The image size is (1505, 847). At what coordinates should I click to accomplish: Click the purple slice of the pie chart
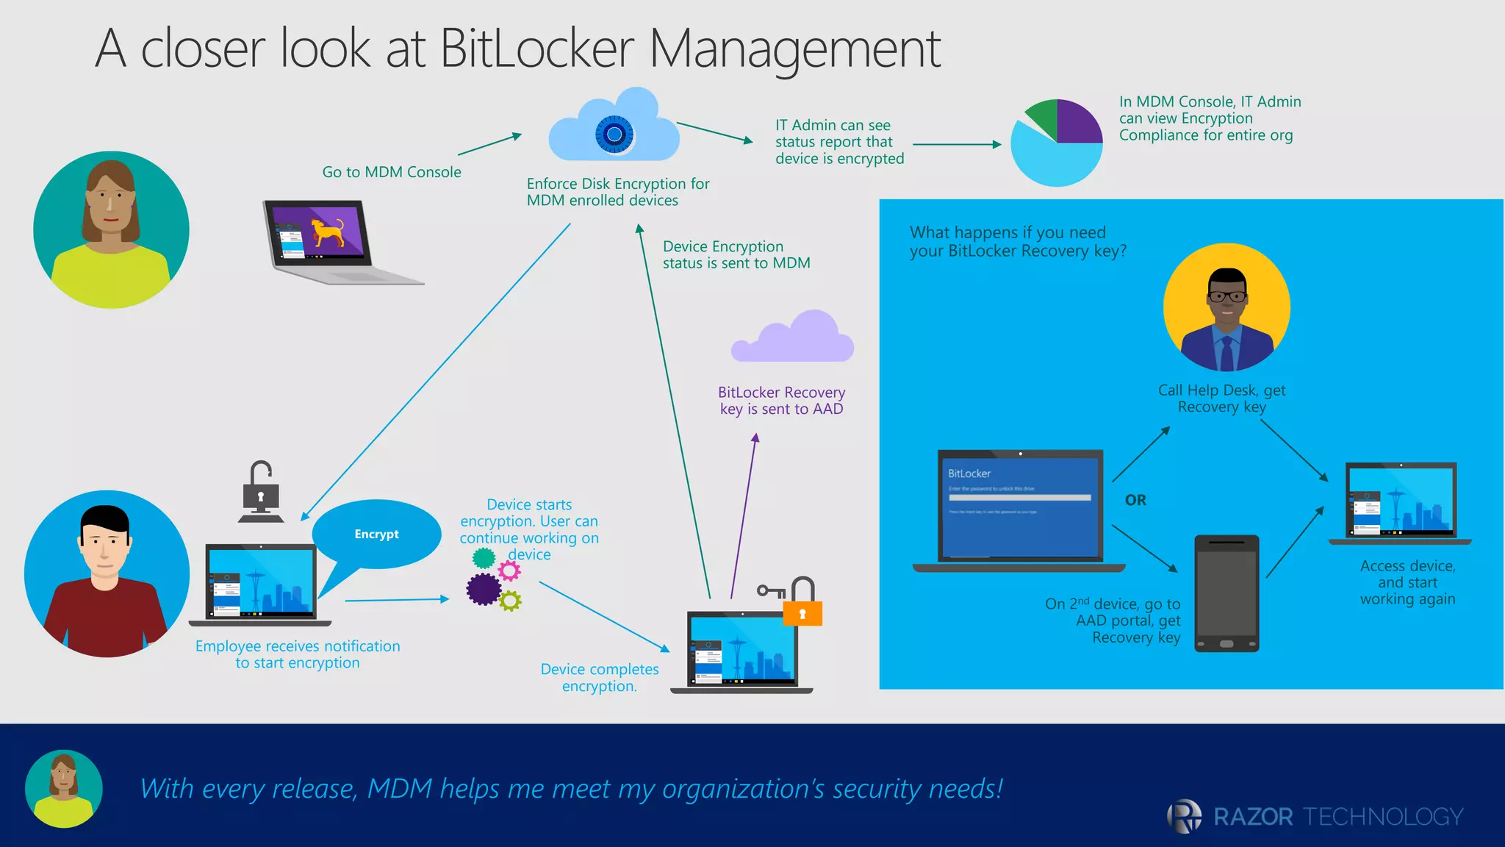[1077, 124]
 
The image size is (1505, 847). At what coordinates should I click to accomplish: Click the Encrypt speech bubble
[376, 535]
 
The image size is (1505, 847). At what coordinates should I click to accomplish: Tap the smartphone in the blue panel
[1226, 593]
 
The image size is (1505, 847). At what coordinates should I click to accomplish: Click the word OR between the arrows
[1135, 500]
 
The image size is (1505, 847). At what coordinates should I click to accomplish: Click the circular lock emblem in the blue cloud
[614, 135]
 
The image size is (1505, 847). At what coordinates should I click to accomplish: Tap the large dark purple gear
[484, 589]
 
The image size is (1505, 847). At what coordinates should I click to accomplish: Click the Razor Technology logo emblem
[1184, 816]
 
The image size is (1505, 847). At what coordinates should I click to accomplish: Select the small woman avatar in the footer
[64, 788]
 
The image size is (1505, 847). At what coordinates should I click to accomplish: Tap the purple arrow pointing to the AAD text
[743, 515]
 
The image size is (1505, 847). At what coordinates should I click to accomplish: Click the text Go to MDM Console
[392, 172]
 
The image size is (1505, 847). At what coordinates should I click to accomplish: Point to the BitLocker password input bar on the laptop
[1019, 498]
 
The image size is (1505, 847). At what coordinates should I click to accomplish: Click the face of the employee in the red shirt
[104, 548]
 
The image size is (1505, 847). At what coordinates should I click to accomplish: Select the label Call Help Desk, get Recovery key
[1221, 399]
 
